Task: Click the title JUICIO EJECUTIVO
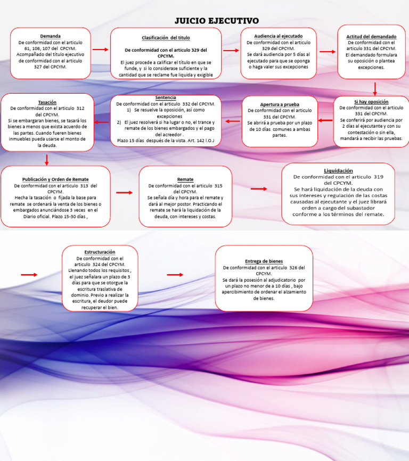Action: pyautogui.click(x=217, y=21)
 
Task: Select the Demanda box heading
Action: pyautogui.click(x=50, y=36)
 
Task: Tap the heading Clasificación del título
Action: pyautogui.click(x=166, y=38)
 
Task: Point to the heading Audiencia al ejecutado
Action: pyautogui.click(x=279, y=36)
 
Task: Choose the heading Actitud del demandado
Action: pyautogui.click(x=371, y=36)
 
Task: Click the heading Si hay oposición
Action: pyautogui.click(x=371, y=101)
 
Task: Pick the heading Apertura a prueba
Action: pyautogui.click(x=280, y=104)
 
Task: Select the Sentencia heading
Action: pyautogui.click(x=166, y=98)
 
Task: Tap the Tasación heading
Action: pyautogui.click(x=47, y=102)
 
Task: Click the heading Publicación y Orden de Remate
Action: pyautogui.click(x=55, y=179)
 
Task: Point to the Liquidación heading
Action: pyautogui.click(x=338, y=170)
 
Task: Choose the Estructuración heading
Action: pyautogui.click(x=100, y=252)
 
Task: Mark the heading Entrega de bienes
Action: pyautogui.click(x=264, y=261)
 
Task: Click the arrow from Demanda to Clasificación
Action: pyautogui.click(x=100, y=50)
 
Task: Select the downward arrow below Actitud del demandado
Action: pyautogui.click(x=375, y=88)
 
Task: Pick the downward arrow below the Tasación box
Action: pyautogui.click(x=47, y=159)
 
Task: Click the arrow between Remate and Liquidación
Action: pyautogui.click(x=259, y=189)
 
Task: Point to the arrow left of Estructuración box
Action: pyautogui.click(x=29, y=275)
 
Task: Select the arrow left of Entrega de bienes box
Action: pyautogui.click(x=175, y=275)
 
